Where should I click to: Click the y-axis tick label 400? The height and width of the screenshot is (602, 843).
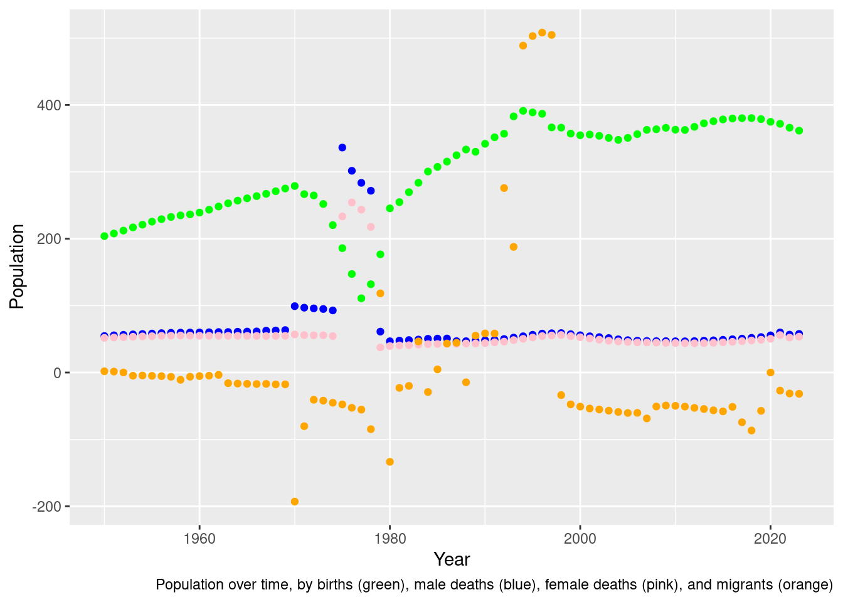pos(51,105)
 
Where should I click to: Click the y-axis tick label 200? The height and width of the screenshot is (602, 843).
pos(51,239)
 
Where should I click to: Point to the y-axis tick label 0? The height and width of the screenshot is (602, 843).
pos(57,373)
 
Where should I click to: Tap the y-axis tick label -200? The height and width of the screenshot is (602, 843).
pos(48,507)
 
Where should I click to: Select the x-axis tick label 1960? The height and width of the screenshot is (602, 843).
pos(199,539)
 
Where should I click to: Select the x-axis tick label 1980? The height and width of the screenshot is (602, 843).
pos(390,539)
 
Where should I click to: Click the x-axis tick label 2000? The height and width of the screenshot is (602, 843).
pos(580,539)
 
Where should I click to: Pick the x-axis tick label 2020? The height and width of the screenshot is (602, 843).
pos(770,539)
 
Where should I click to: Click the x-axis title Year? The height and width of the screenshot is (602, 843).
pos(452,559)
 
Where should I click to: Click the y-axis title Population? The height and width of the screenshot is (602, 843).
pos(17,267)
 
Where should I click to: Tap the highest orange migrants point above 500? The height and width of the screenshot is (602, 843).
pos(542,33)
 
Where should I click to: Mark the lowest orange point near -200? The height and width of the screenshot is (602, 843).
pos(295,502)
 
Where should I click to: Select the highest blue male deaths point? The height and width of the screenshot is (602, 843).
pos(342,147)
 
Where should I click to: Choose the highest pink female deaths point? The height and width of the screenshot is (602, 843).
pos(352,203)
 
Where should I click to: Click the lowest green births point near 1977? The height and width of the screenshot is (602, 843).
pos(361,298)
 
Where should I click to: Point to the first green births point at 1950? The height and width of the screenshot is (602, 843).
pos(104,236)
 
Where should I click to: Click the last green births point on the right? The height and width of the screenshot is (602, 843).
pos(799,130)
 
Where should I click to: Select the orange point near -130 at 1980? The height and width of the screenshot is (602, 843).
pos(390,462)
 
